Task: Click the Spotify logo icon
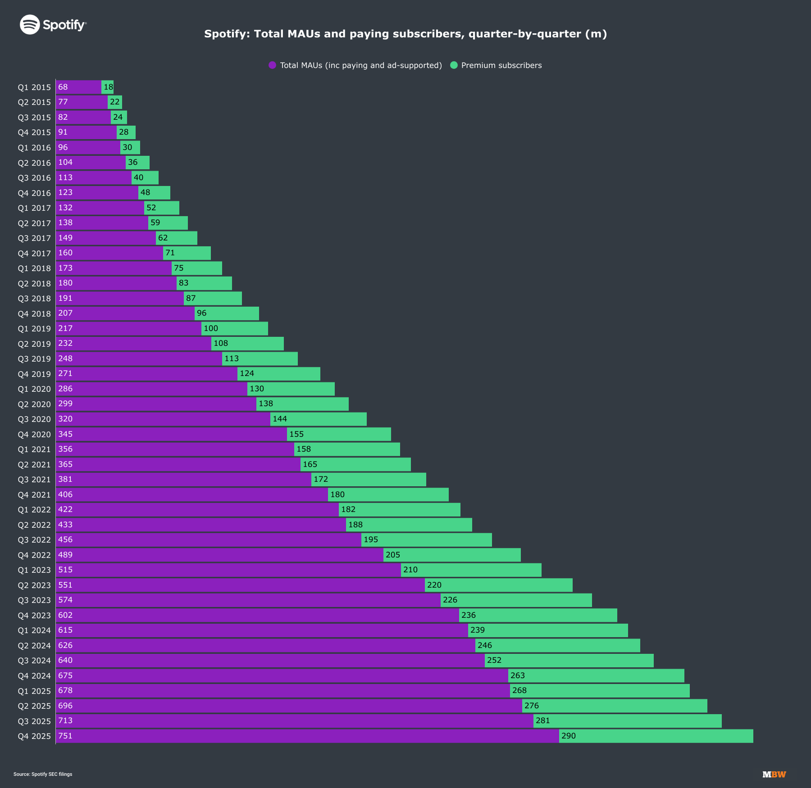(x=30, y=24)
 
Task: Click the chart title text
(x=405, y=34)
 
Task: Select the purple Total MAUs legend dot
(x=272, y=65)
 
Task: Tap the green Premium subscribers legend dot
(x=454, y=65)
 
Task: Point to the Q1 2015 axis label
(x=34, y=87)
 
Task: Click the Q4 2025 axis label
(x=34, y=736)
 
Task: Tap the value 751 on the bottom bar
(x=65, y=736)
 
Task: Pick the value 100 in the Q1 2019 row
(x=211, y=328)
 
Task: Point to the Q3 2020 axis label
(x=34, y=419)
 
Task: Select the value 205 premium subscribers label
(x=393, y=555)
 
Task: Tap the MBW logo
(x=774, y=774)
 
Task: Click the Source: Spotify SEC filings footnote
(x=43, y=774)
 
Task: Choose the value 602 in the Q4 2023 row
(x=65, y=615)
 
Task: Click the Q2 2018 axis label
(x=34, y=284)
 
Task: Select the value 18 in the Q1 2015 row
(x=108, y=87)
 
